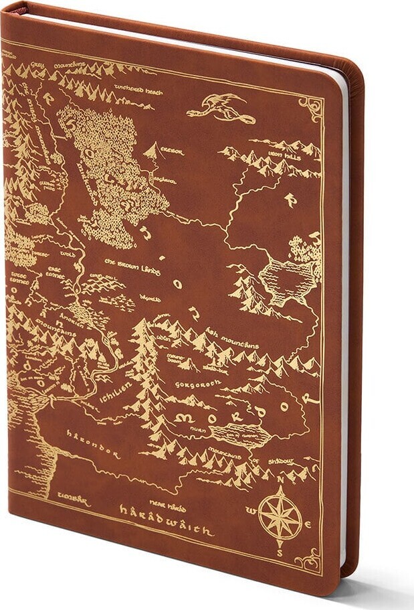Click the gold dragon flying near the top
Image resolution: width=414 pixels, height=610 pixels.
coord(215,105)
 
